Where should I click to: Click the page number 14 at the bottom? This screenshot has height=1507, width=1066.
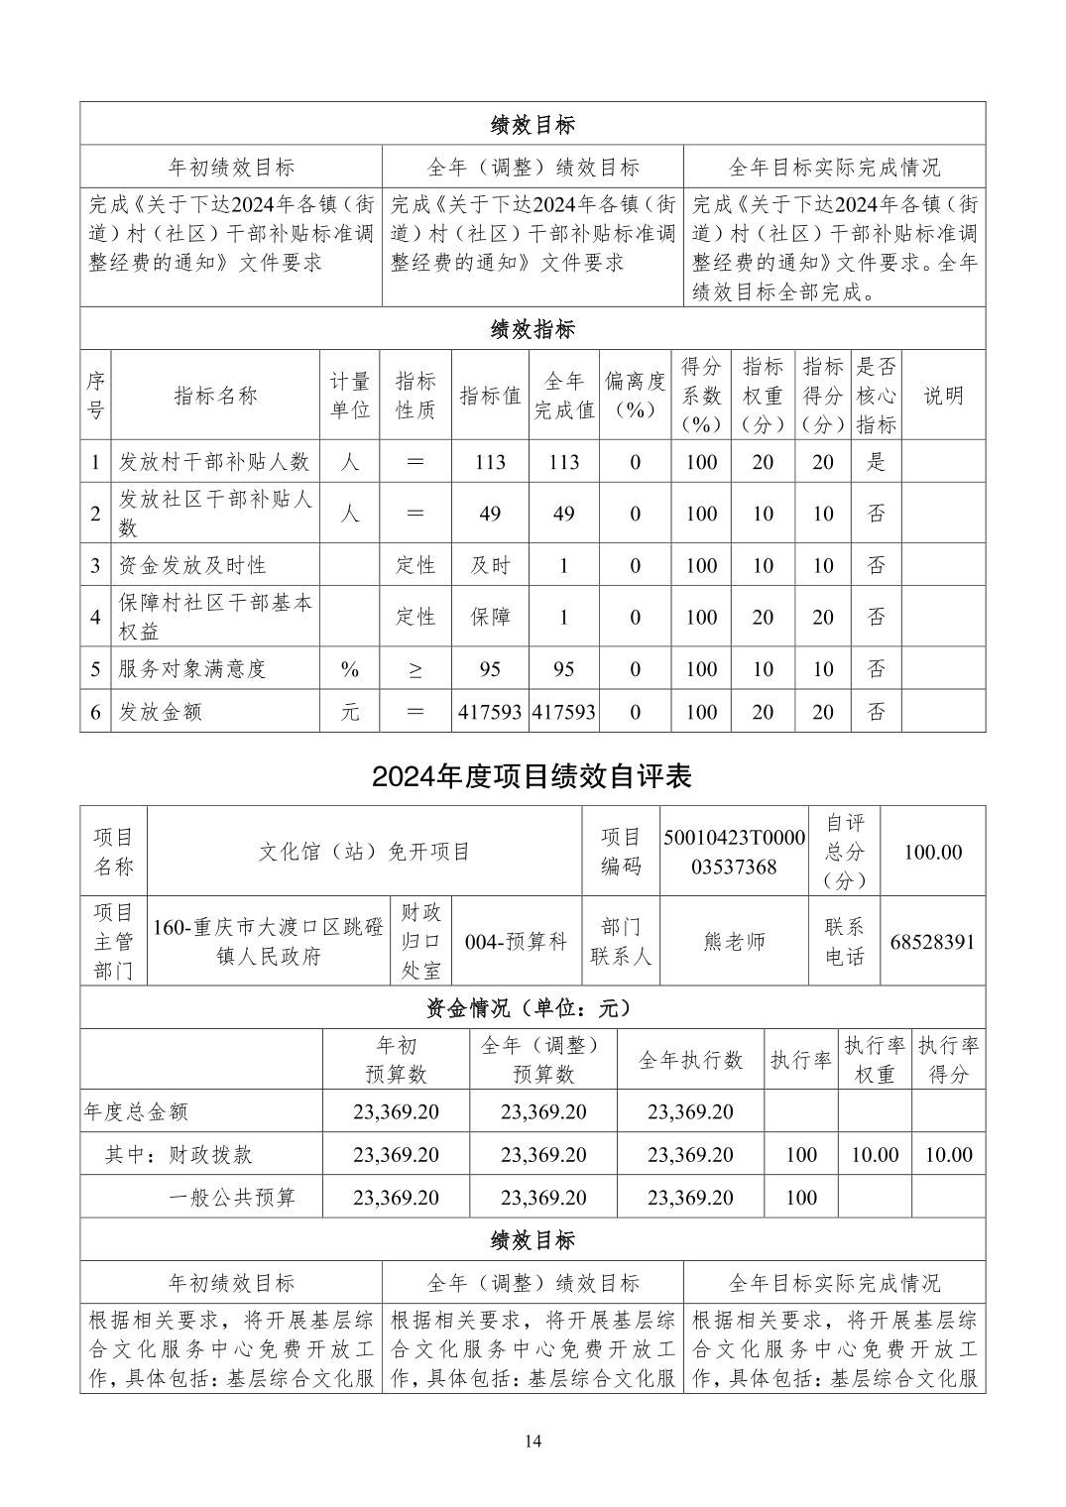[533, 1441]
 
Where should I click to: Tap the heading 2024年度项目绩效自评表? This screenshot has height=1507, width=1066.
[532, 776]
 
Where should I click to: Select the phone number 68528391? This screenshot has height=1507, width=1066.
[932, 941]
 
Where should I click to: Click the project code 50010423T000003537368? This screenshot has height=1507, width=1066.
[734, 852]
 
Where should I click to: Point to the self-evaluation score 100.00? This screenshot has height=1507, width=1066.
[932, 852]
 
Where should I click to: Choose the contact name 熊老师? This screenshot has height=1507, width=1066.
[734, 941]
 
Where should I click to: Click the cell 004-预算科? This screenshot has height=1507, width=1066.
[516, 941]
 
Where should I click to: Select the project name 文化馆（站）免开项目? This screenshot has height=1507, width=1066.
[364, 852]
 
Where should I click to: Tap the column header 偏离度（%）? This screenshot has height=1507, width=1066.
[635, 395]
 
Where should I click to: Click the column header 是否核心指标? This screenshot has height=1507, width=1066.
[876, 395]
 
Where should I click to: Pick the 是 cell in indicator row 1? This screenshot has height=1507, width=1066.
[876, 461]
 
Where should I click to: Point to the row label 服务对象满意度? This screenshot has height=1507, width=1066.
[192, 668]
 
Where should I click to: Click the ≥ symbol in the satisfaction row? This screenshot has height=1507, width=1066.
[415, 669]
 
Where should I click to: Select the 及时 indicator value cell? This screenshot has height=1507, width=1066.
[490, 565]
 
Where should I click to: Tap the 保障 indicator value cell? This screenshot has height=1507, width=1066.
[490, 617]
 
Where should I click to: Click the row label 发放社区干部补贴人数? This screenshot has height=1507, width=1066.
[214, 513]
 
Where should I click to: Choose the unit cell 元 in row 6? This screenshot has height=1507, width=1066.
[350, 711]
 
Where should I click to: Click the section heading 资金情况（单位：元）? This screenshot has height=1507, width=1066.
[532, 1007]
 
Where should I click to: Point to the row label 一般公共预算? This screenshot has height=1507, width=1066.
[232, 1197]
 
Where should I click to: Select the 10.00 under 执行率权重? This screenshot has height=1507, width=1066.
[875, 1154]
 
